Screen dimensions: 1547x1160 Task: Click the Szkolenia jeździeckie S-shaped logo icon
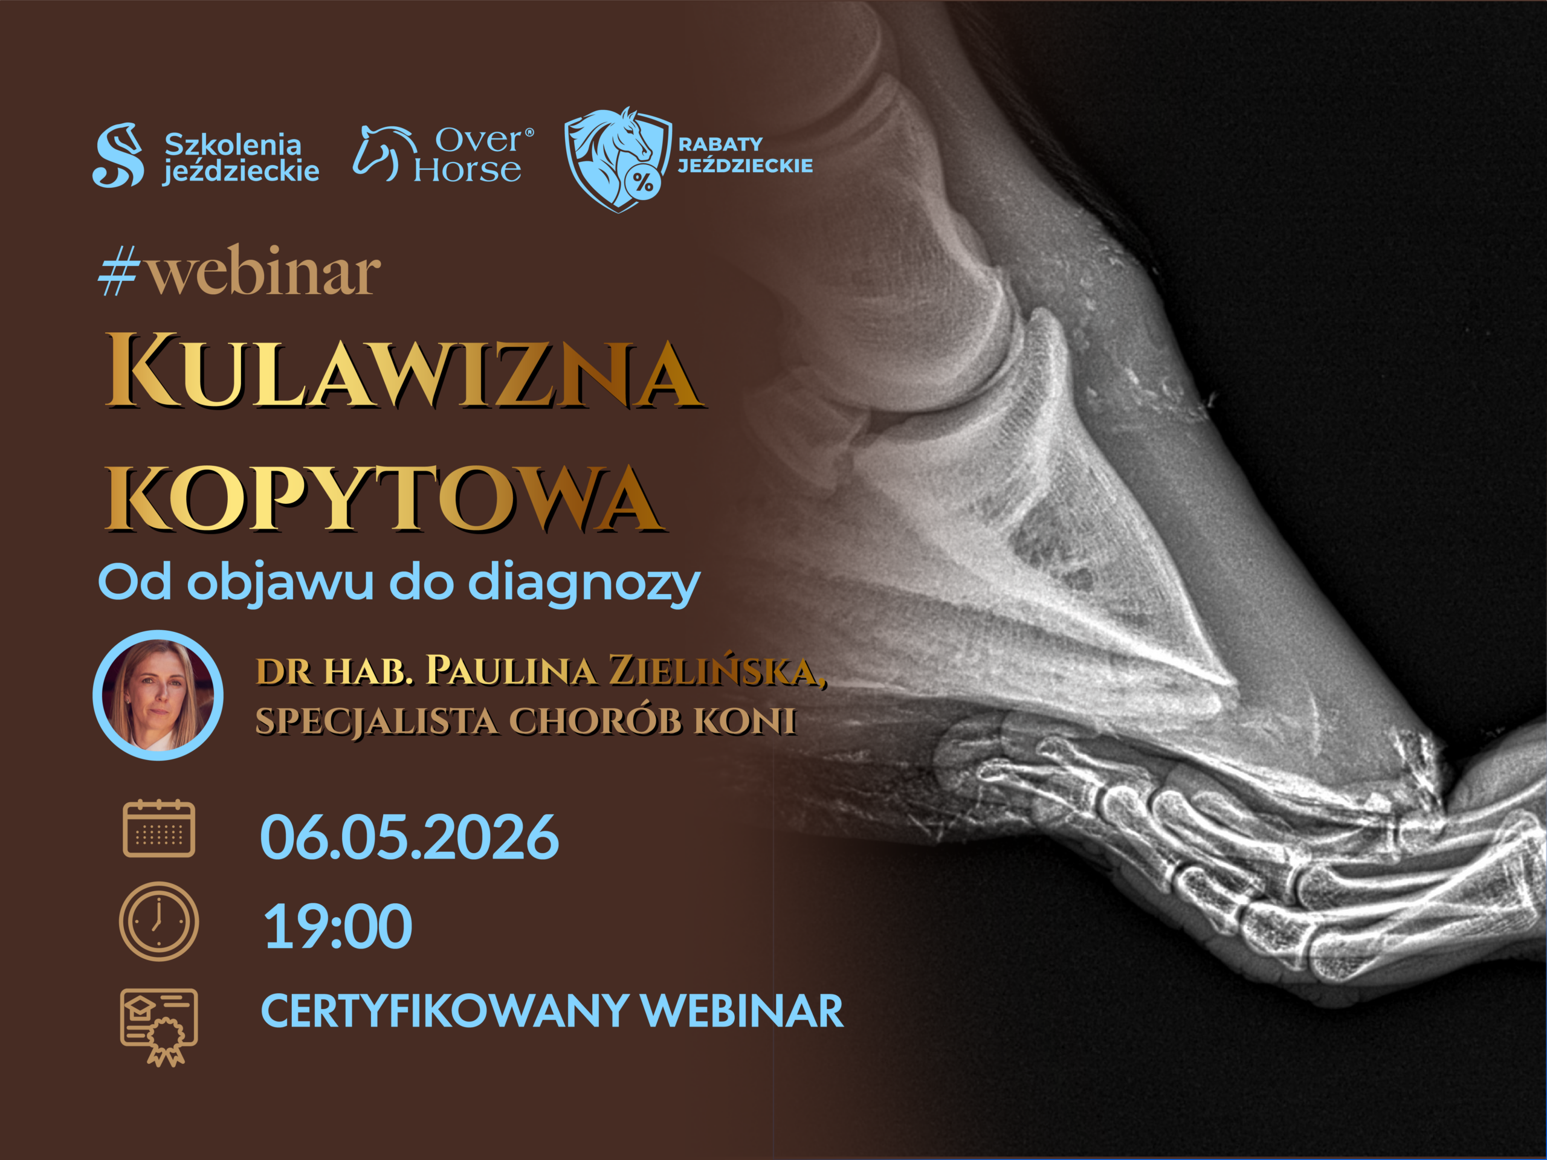click(118, 155)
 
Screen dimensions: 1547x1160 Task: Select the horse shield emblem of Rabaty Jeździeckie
click(618, 160)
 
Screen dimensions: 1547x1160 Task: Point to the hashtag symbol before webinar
click(118, 271)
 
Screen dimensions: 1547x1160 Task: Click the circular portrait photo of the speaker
click(158, 695)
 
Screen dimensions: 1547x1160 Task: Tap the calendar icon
click(159, 828)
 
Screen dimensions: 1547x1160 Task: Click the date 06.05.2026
click(409, 837)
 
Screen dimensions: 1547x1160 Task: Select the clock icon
click(159, 921)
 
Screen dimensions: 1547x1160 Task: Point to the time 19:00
click(338, 926)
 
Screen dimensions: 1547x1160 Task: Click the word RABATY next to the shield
click(720, 144)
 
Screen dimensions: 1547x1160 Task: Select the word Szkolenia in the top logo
click(233, 145)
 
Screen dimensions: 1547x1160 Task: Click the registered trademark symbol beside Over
click(529, 132)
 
